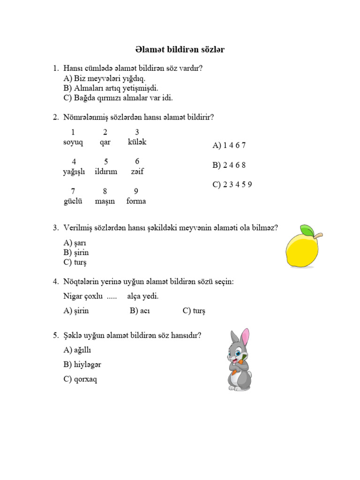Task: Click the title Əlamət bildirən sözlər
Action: tap(180, 49)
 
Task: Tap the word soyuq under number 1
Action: tap(73, 142)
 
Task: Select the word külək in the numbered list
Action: tap(137, 142)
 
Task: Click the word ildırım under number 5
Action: tap(106, 172)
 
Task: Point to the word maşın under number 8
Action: tap(105, 201)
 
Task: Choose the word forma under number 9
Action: tap(136, 201)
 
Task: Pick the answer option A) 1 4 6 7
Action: tap(229, 145)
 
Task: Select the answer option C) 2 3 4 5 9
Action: tap(232, 184)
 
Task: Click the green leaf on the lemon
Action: tap(307, 230)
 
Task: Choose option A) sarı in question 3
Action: tap(75, 243)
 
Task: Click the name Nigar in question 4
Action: tap(73, 296)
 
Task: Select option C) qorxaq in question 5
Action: tap(80, 379)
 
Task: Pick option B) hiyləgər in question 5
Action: tap(82, 364)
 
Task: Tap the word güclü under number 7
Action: tap(73, 201)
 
